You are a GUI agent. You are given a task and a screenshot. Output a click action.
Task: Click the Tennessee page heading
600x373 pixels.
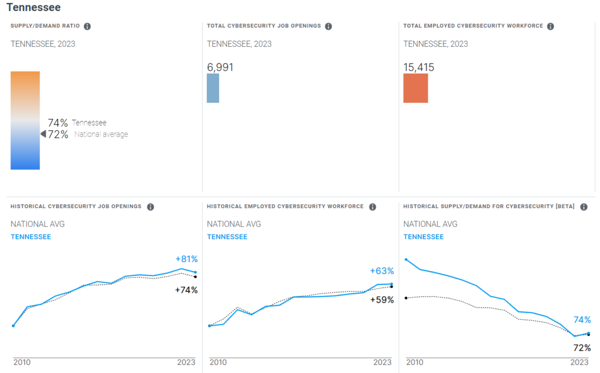click(x=33, y=8)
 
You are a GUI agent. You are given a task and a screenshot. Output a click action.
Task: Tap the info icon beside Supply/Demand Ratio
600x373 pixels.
click(x=87, y=26)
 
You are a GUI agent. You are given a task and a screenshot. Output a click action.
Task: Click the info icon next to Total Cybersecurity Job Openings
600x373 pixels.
click(x=328, y=26)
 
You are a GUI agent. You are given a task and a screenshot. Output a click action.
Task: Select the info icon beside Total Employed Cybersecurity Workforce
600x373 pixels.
click(x=550, y=26)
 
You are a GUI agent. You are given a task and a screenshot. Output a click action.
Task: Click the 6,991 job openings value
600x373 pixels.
click(x=220, y=67)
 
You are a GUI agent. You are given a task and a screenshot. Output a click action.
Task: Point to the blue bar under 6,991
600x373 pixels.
click(x=213, y=88)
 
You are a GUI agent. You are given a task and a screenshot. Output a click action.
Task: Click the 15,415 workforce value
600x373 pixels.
click(x=419, y=67)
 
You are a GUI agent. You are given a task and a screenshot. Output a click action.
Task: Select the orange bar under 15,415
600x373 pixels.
click(x=415, y=88)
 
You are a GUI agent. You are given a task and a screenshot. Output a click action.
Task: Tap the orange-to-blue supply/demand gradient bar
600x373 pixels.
click(x=25, y=120)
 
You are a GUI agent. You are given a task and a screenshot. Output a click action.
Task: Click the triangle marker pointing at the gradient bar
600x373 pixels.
click(x=43, y=134)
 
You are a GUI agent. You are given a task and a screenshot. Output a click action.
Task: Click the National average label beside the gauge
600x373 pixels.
click(x=101, y=134)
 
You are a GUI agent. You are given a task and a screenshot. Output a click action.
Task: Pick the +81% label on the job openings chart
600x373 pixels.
click(x=186, y=259)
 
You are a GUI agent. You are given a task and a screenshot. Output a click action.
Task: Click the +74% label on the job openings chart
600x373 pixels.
click(x=186, y=290)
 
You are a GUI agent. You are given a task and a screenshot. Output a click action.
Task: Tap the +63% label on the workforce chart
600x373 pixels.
click(x=382, y=271)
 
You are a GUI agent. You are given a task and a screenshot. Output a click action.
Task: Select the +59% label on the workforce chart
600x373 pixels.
click(x=382, y=300)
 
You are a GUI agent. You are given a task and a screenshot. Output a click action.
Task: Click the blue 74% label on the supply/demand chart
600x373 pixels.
click(x=582, y=320)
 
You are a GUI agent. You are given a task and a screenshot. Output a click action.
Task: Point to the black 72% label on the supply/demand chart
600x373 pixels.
click(x=582, y=348)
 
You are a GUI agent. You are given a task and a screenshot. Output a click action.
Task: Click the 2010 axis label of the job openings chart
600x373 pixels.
click(x=22, y=362)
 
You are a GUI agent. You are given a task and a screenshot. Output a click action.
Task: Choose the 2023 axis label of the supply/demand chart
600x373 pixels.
click(x=579, y=362)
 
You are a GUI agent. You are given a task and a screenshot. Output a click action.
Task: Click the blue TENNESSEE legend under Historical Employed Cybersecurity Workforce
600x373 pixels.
click(x=227, y=237)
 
